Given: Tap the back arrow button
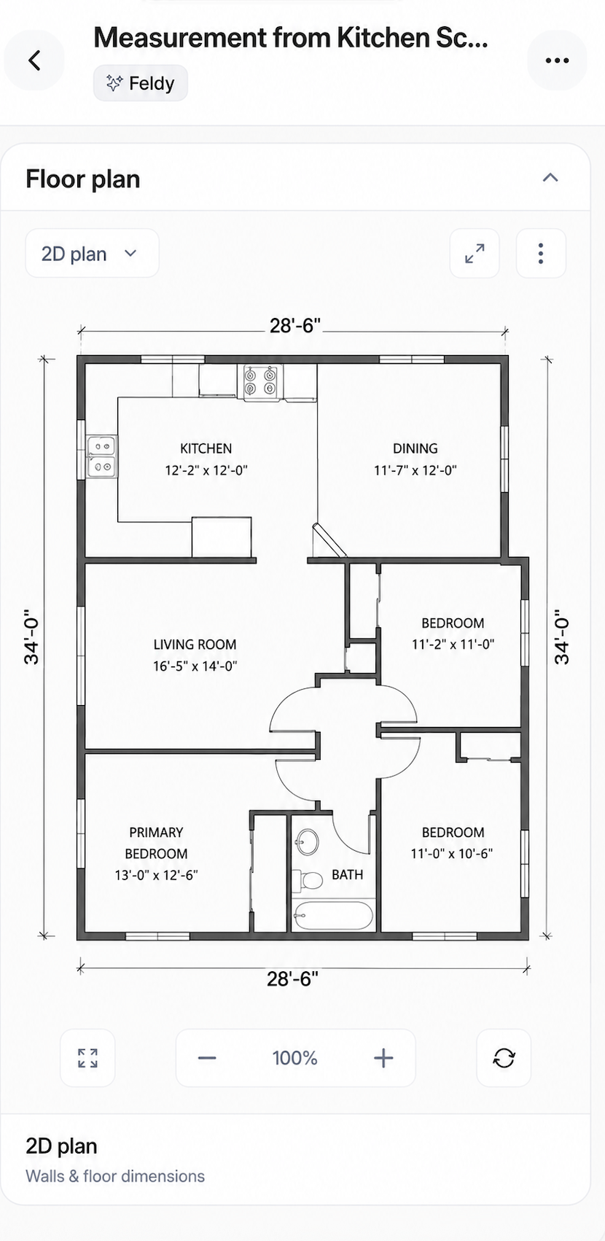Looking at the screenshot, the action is pyautogui.click(x=34, y=61).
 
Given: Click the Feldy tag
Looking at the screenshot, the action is pyautogui.click(x=140, y=83).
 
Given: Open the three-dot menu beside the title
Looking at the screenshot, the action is pyautogui.click(x=557, y=61).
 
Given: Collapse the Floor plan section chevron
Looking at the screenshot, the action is pyautogui.click(x=550, y=177).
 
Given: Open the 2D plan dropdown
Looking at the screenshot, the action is pyautogui.click(x=92, y=253).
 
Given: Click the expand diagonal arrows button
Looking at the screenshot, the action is pyautogui.click(x=475, y=253).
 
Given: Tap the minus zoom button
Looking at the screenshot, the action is pyautogui.click(x=207, y=1058).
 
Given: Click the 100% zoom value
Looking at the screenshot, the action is pyautogui.click(x=294, y=1058).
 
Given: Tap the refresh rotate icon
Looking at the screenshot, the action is pyautogui.click(x=504, y=1058).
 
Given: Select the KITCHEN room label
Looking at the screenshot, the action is pyautogui.click(x=206, y=448).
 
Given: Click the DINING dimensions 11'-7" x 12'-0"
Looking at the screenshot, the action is pyautogui.click(x=415, y=470).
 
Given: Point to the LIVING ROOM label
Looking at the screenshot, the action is pyautogui.click(x=195, y=645).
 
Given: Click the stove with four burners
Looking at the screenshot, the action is pyautogui.click(x=260, y=382).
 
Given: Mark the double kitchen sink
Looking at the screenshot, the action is pyautogui.click(x=103, y=456).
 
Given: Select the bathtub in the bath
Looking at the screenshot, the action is pyautogui.click(x=333, y=914).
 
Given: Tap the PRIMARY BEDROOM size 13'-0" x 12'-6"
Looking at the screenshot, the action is pyautogui.click(x=156, y=875).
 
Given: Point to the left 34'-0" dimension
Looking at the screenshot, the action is pyautogui.click(x=31, y=637).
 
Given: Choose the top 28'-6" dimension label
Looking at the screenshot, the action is pyautogui.click(x=295, y=325).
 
